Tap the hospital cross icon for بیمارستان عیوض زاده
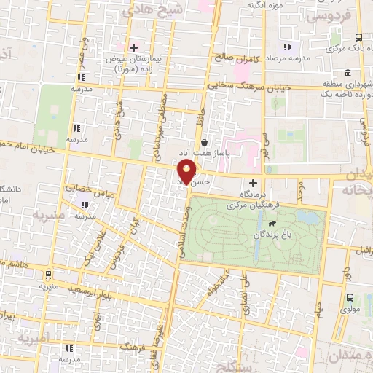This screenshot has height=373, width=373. click(133, 47)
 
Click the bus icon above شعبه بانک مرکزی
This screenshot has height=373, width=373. click(358, 37)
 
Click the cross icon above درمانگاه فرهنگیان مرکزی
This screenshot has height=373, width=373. click(254, 183)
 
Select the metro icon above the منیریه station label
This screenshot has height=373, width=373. click(48, 275)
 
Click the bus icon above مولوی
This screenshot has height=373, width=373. click(350, 297)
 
